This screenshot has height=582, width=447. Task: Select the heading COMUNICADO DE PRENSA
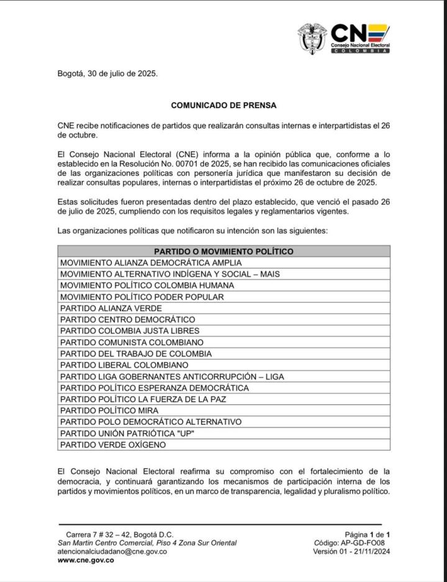click(x=223, y=106)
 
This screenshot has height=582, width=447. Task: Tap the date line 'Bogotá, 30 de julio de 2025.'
click(x=107, y=73)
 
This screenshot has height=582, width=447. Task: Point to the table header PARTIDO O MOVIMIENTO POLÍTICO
click(x=223, y=251)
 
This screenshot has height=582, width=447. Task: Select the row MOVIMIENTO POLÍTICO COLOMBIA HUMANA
click(x=147, y=285)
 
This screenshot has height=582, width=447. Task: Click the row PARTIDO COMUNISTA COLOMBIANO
click(x=132, y=342)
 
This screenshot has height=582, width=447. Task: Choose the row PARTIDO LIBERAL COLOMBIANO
click(x=124, y=365)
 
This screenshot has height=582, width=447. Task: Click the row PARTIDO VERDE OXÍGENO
click(x=113, y=445)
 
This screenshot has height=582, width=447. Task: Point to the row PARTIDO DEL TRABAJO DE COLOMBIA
click(x=136, y=354)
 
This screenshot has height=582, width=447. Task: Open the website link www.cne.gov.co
click(x=86, y=560)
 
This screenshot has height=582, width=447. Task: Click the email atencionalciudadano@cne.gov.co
click(x=112, y=552)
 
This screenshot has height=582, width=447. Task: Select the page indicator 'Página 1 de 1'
click(x=367, y=534)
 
